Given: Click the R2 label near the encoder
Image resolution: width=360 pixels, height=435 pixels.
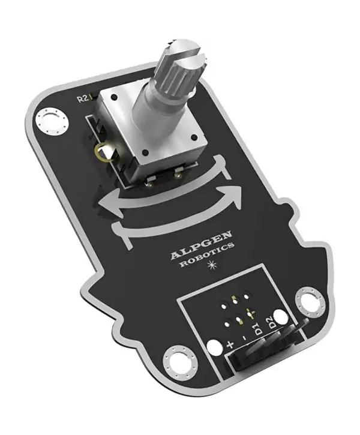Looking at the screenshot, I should [85, 99].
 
